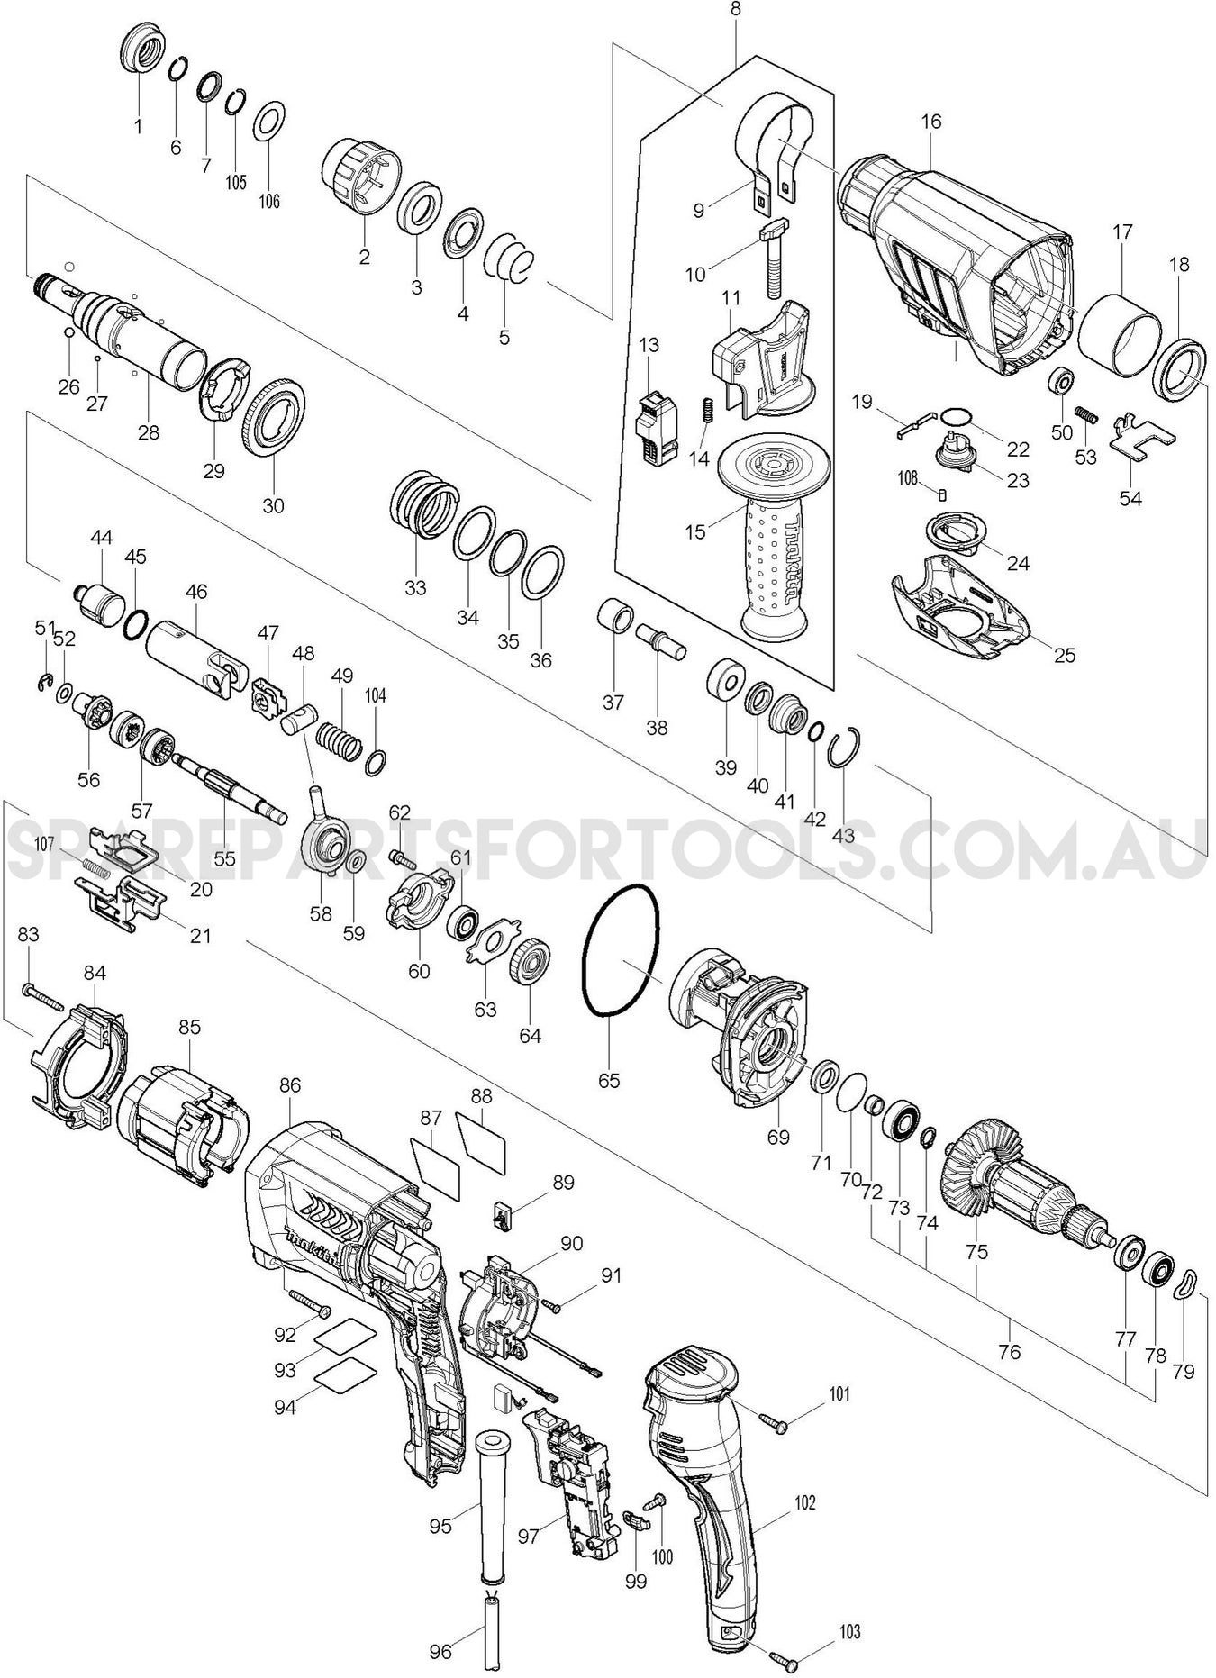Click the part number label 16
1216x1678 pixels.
point(931,121)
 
